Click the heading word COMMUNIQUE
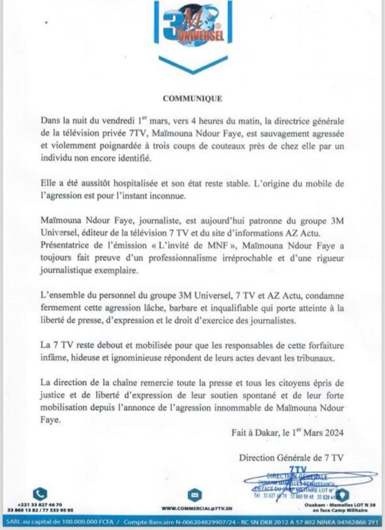[x=192, y=99]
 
